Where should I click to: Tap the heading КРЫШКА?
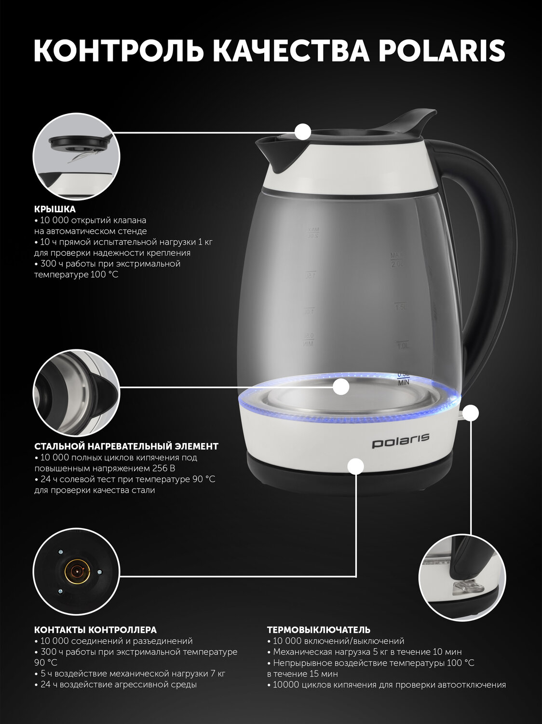point(55,209)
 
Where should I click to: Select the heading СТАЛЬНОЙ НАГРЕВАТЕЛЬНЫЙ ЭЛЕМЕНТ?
point(126,446)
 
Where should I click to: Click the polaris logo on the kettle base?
point(401,441)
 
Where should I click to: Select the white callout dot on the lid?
point(302,132)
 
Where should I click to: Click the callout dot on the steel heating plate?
point(341,387)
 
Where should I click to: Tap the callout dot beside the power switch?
point(471,413)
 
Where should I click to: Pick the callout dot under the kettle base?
point(356,466)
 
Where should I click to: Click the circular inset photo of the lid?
point(77,157)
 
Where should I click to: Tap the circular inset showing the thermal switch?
point(462,578)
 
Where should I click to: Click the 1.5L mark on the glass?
point(401,307)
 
